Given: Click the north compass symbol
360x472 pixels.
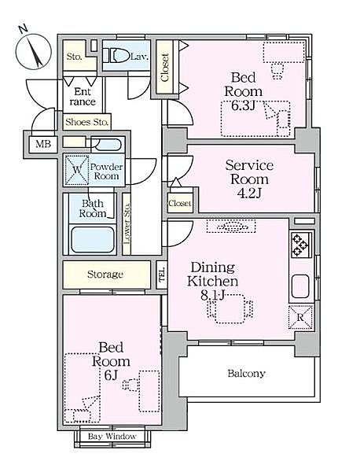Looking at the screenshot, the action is pos(33,50).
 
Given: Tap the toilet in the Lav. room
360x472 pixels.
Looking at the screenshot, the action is pos(116,56).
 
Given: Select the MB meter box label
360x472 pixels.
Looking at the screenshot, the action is pos(43,144).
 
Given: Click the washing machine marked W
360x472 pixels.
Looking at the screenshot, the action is pos(77,169).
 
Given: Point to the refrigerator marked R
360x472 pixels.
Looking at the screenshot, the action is pos(300,317).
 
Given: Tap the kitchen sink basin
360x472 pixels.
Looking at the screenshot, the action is pos(300,286).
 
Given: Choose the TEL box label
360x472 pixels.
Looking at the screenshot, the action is pos(162,275).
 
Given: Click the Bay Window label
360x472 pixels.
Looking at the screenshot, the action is pos(112,436).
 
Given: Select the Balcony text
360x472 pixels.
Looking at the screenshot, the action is pos(246,374).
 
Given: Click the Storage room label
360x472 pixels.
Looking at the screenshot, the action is pos(105,275).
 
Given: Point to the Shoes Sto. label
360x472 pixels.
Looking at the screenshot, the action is pos(86,122).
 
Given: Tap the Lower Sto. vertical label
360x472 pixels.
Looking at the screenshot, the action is pos(127,223).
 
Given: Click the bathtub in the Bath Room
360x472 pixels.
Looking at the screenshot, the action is pos(93,240).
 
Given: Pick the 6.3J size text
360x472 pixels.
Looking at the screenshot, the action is pos(243,105).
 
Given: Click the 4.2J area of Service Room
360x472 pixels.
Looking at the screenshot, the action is pos(249,194).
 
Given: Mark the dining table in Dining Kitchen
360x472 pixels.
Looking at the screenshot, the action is pos(230,309).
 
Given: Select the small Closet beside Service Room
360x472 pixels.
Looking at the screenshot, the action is pos(179,204).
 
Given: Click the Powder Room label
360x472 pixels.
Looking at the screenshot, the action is pos(106,171).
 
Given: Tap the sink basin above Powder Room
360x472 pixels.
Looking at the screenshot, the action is pos(106,145).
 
